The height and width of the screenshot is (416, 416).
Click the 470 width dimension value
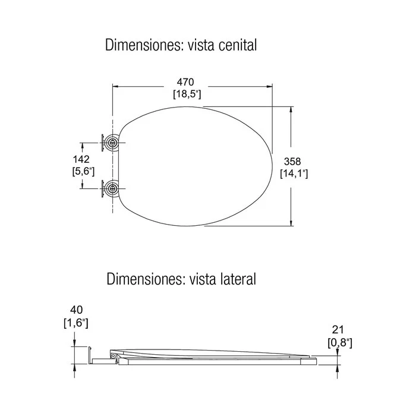click(185, 82)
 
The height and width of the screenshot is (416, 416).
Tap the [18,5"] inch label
click(187, 94)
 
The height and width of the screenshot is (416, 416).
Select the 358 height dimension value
click(292, 161)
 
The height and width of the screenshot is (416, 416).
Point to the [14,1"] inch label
click(294, 174)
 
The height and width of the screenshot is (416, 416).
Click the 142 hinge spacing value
click(81, 159)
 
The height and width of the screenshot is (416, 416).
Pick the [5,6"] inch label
click(83, 171)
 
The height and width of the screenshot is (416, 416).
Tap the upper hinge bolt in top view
click(112, 143)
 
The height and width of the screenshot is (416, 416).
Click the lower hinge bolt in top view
click(112, 188)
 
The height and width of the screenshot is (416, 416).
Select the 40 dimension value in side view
click(77, 310)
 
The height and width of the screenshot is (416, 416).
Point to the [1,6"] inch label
click(76, 323)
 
